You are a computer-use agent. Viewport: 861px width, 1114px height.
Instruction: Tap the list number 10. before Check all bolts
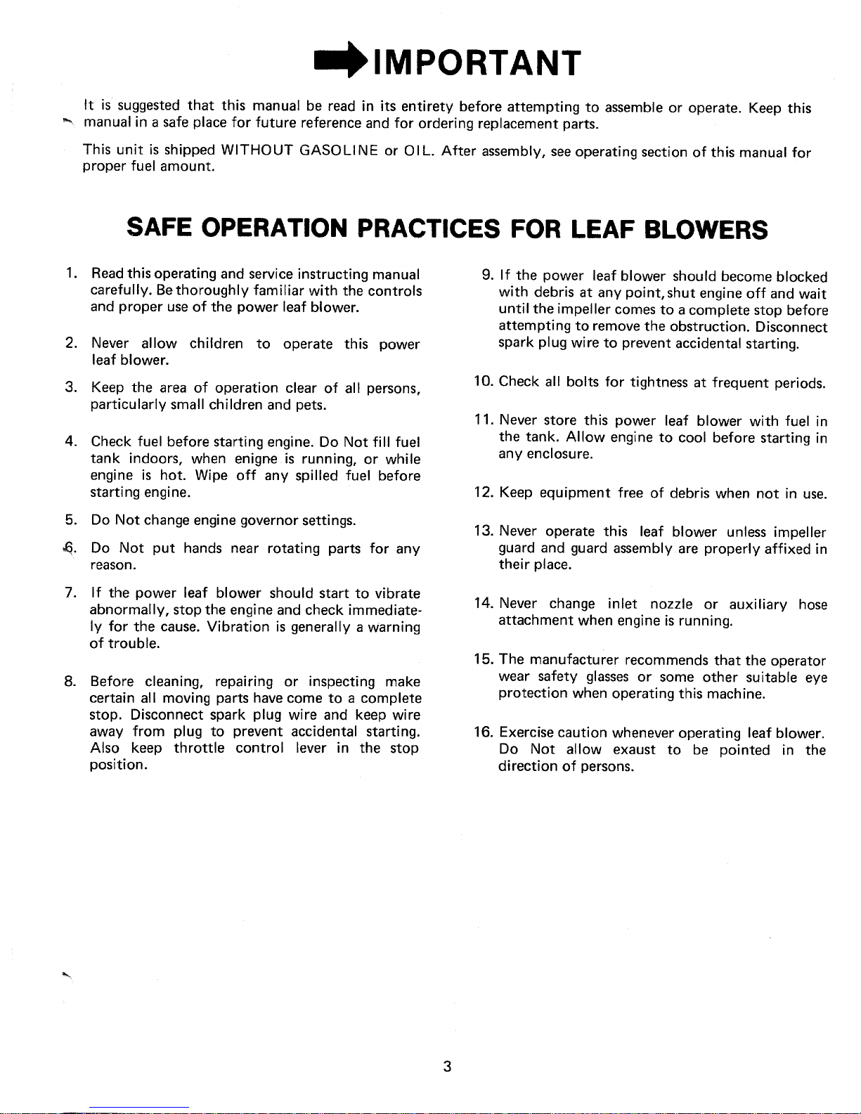point(484,382)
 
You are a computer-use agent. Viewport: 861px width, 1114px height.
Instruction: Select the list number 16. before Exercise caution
point(484,734)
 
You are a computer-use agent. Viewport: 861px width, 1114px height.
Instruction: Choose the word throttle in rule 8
point(199,748)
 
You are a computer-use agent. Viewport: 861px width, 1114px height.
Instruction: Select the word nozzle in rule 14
point(672,604)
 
